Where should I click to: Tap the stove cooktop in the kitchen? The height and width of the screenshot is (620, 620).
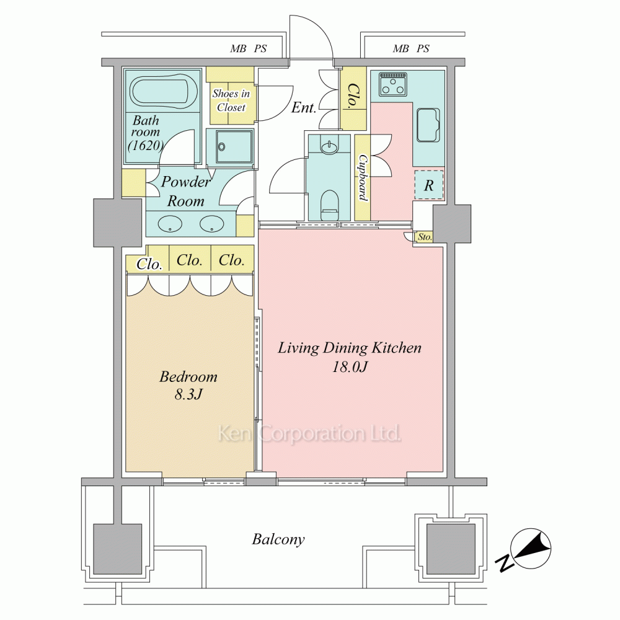coord(392,84)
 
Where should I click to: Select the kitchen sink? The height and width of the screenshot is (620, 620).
coord(428,125)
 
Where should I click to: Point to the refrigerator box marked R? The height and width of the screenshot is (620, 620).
coord(429,185)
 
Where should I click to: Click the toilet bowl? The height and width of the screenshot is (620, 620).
coord(329,205)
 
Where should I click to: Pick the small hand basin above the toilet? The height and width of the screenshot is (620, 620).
coord(329,148)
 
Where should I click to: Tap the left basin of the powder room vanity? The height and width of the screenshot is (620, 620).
coord(170,224)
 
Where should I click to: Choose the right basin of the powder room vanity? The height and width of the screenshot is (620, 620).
coord(212,224)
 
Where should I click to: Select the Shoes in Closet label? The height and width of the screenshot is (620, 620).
coord(231,100)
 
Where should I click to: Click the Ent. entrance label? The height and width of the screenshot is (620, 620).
coord(304,107)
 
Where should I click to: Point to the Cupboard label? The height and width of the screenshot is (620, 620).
coord(363,177)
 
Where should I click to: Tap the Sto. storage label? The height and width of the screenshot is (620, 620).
coord(425,237)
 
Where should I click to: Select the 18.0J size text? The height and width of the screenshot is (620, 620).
coord(350,367)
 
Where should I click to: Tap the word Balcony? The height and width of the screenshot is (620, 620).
coord(278,540)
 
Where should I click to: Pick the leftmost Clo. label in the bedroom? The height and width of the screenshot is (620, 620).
coord(149,264)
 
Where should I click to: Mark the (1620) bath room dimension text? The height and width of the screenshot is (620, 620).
coord(146,146)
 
